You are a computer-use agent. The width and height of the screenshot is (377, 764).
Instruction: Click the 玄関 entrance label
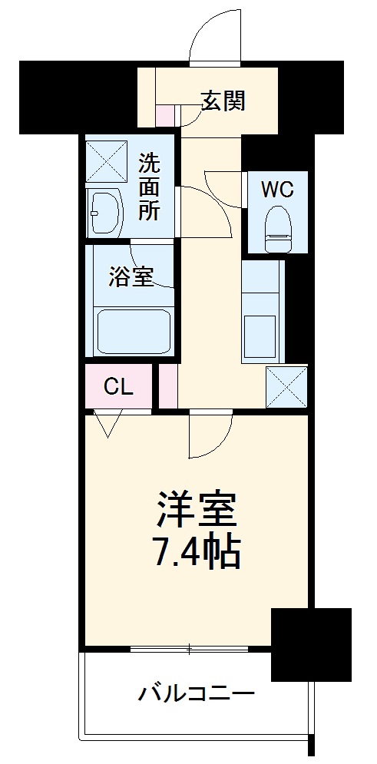click(x=223, y=101)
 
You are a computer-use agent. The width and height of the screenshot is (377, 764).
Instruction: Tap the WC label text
click(x=276, y=190)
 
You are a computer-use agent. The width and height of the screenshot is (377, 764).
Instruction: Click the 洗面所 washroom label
click(x=150, y=187)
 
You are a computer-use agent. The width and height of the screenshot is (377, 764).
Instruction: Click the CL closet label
click(x=118, y=387)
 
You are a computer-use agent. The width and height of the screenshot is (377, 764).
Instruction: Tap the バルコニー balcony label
click(x=196, y=696)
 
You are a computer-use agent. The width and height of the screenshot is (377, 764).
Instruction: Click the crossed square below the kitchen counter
click(x=286, y=387)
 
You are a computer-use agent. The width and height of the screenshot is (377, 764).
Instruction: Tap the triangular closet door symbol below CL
click(x=107, y=423)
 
